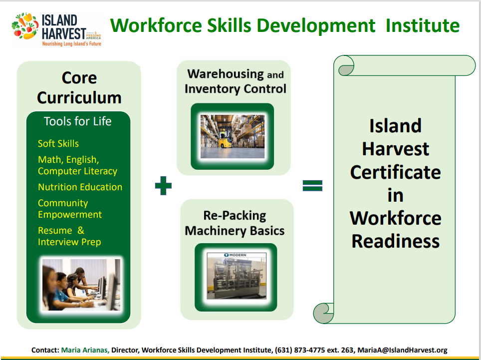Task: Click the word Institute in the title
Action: (423, 25)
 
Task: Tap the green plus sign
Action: (163, 186)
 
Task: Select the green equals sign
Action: (312, 185)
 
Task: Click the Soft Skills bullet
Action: (58, 143)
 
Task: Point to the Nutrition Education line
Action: (80, 187)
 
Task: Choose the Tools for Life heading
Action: (78, 121)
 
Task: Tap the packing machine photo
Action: (237, 276)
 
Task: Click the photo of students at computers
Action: (81, 285)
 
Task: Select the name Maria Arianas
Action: (85, 350)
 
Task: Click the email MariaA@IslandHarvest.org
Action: (402, 350)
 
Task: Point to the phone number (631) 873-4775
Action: (300, 350)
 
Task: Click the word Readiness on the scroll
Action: (395, 241)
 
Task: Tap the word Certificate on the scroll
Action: (395, 172)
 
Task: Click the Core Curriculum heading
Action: (79, 87)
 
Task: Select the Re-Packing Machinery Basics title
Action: (235, 223)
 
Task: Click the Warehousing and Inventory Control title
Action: (236, 81)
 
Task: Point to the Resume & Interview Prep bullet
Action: (69, 236)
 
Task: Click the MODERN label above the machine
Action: (236, 255)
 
